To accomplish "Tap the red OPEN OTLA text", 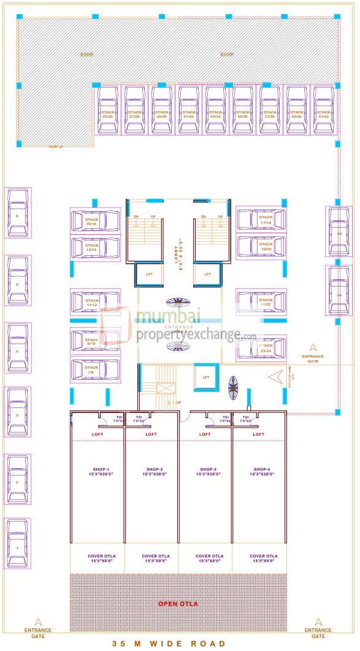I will pos(178,604).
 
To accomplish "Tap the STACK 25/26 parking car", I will pos(108,110).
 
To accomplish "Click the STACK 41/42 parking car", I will pos(324,110).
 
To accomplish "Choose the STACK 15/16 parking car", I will pos(95,220).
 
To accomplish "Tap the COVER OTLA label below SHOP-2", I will pos(151,559).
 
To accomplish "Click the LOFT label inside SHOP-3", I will pos(205,434).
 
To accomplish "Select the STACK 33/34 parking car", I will pos(216,110).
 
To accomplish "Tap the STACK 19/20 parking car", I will pos(261,247).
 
